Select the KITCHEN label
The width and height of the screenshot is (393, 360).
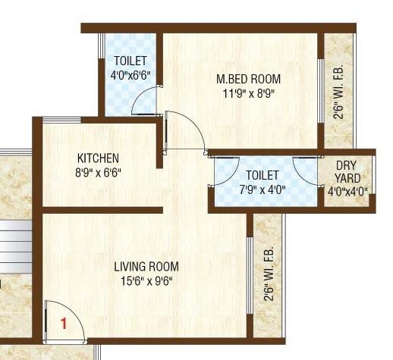pos(98,158)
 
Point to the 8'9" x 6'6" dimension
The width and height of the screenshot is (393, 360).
pos(98,173)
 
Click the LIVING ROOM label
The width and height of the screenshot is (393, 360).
pos(146,266)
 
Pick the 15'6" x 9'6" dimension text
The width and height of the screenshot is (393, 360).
pos(146,281)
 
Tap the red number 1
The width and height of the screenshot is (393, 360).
pos(64,323)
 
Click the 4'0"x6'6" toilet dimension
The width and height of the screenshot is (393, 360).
pos(130,75)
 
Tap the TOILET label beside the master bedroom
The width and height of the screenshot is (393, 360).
pos(130,61)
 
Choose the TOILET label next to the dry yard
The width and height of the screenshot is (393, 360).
pos(263,175)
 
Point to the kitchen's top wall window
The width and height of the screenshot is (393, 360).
pos(61,120)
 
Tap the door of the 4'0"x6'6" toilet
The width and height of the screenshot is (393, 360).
pos(146,101)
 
